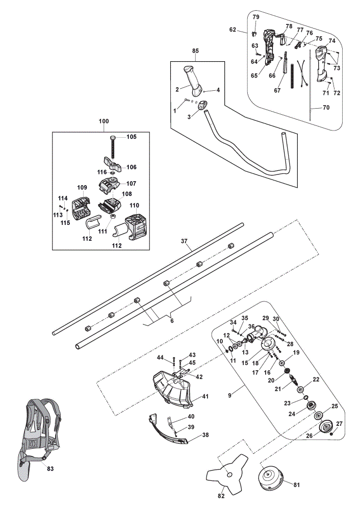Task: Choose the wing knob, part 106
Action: (x=112, y=165)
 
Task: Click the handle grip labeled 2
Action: (x=193, y=81)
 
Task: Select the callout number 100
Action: (x=104, y=121)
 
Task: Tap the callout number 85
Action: (x=195, y=50)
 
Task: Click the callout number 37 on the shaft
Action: (x=184, y=241)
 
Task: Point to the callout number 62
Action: (x=233, y=30)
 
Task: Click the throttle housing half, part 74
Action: (x=324, y=64)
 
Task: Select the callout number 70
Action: (x=326, y=107)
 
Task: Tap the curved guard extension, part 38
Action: (x=167, y=429)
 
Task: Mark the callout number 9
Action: (x=229, y=396)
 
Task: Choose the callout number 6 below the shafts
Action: (x=172, y=321)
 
